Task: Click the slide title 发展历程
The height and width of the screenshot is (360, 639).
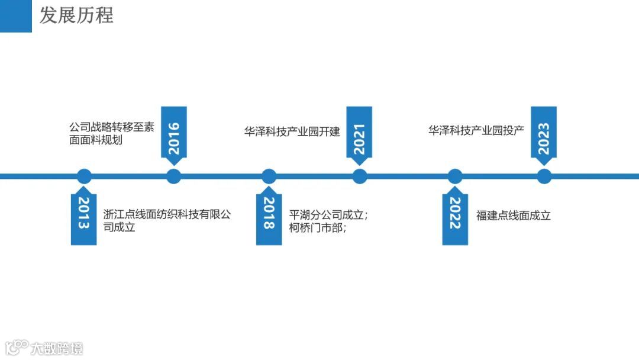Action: pos(76,15)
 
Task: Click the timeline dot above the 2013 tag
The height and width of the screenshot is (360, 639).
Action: pos(85,176)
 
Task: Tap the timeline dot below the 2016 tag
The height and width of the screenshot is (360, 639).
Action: pos(173,176)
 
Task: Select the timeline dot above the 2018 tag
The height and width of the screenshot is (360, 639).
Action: pos(269,176)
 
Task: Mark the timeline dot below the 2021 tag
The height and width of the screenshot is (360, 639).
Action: pos(360,176)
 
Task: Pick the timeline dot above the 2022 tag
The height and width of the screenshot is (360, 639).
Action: pos(454,176)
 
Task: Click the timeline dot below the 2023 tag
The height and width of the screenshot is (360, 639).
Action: pos(544,176)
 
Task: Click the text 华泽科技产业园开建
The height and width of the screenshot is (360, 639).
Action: pos(292,131)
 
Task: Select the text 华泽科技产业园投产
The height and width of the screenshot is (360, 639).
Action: pos(476,131)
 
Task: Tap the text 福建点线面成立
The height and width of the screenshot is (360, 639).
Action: pos(514,216)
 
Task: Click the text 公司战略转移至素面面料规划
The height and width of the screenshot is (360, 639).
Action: pos(111,134)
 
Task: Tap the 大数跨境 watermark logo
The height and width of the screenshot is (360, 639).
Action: pos(44,348)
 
